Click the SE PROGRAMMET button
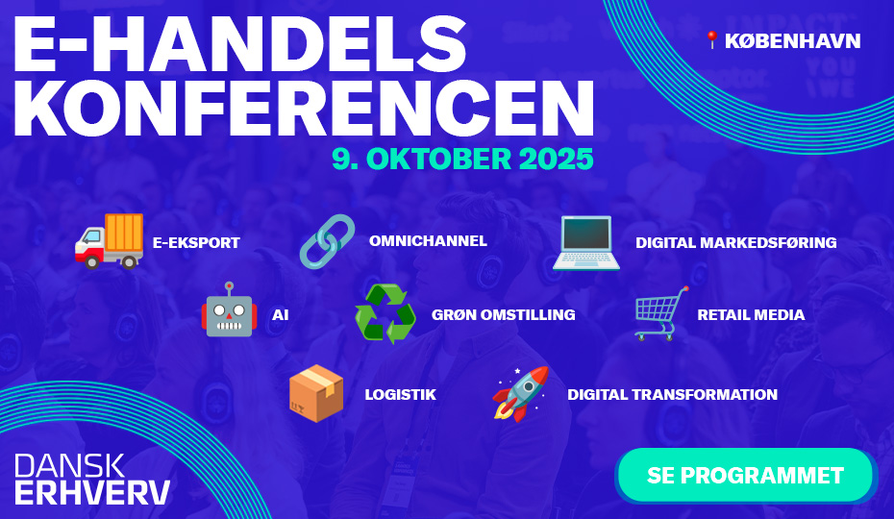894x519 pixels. pos(745,475)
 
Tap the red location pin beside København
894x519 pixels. pos(711,40)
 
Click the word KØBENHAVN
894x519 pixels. pos(792,41)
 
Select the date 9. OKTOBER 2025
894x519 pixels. pos(463,159)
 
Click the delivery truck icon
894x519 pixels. pos(109,241)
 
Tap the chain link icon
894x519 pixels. pos(327,241)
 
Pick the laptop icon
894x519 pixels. pos(586,243)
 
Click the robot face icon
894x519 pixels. pos(229,309)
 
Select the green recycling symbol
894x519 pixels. pos(385,313)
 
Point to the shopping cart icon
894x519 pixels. pos(661,313)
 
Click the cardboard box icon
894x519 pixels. pos(316,393)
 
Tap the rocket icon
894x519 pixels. pos(521,394)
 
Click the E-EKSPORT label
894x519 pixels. pos(196,243)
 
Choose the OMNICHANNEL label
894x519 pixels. pos(428,241)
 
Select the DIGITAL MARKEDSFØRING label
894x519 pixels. pos(736,243)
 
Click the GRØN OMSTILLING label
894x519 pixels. pos(504,315)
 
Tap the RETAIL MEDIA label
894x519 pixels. pos(751,315)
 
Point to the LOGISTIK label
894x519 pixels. pos(400,395)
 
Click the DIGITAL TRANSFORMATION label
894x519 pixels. pos(672,395)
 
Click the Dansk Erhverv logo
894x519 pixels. pos(92,479)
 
